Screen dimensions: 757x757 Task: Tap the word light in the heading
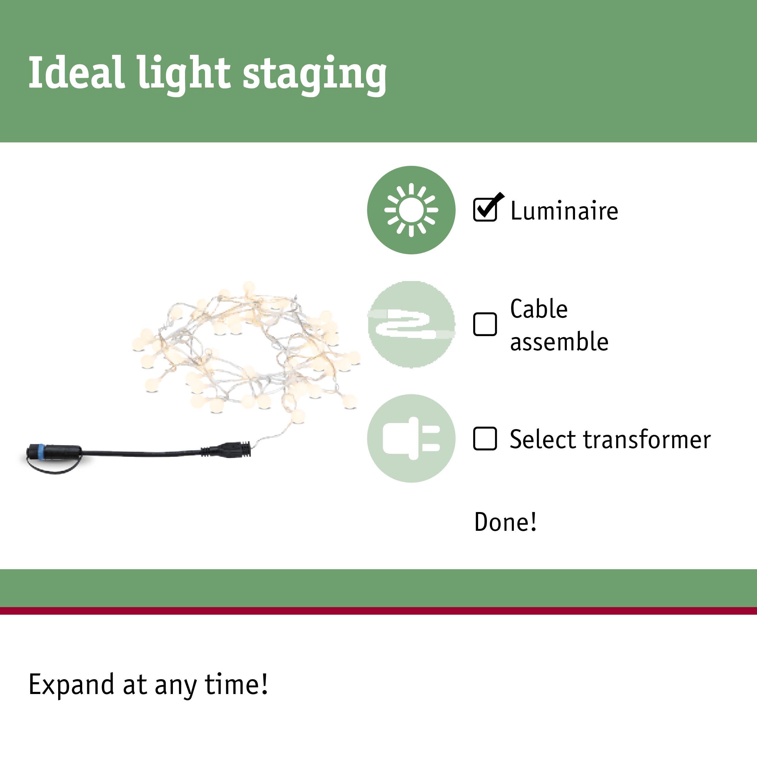click(x=184, y=74)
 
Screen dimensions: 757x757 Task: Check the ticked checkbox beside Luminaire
click(x=485, y=210)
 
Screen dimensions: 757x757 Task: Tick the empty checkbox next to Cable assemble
click(x=485, y=324)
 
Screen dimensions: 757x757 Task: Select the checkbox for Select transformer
click(x=485, y=438)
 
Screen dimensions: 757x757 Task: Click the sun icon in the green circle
click(x=411, y=210)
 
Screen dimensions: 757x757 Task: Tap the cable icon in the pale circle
click(x=411, y=324)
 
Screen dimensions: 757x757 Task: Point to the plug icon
click(x=411, y=438)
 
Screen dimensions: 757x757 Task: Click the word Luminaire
click(x=564, y=211)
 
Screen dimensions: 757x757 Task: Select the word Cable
click(x=539, y=309)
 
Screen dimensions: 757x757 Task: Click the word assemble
click(x=559, y=342)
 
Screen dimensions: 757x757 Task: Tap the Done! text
click(x=505, y=522)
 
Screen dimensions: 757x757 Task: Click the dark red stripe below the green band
click(x=378, y=610)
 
